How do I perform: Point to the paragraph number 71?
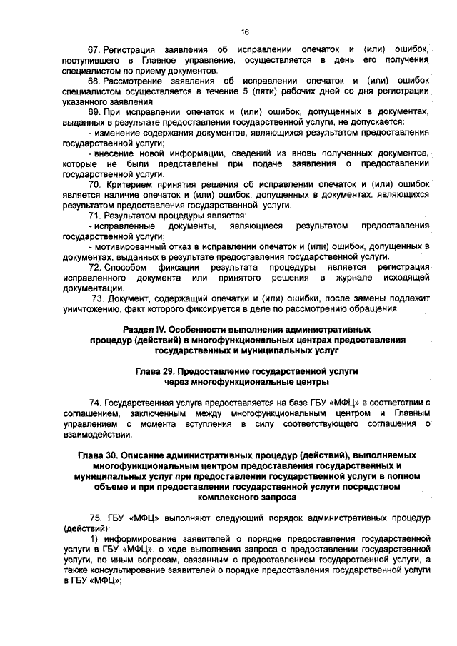94,216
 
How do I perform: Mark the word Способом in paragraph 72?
126,267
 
